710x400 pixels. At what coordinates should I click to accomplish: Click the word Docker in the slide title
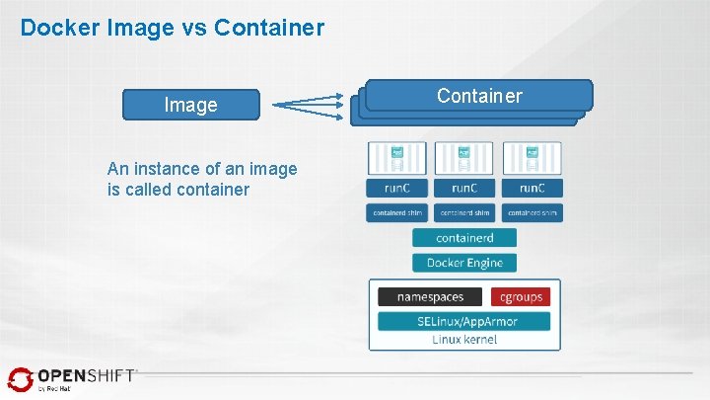(55, 28)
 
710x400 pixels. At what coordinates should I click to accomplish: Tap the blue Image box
(191, 105)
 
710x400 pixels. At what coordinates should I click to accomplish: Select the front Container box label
(479, 96)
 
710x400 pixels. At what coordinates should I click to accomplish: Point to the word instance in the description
(178, 169)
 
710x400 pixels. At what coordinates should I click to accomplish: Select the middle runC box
(464, 189)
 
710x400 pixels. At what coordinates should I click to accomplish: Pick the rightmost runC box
(532, 189)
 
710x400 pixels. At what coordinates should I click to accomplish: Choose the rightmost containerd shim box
(532, 212)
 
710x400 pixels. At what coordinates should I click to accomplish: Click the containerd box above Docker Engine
(464, 238)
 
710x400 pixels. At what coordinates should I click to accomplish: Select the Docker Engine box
(464, 263)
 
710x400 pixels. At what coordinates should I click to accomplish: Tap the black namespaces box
(430, 296)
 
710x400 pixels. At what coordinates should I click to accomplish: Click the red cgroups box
(521, 296)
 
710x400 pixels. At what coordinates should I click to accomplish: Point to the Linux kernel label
(464, 340)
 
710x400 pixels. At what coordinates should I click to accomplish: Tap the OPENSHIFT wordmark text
(87, 376)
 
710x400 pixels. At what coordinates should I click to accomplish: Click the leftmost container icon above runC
(396, 157)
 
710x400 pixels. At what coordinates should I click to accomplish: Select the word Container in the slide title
(262, 28)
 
